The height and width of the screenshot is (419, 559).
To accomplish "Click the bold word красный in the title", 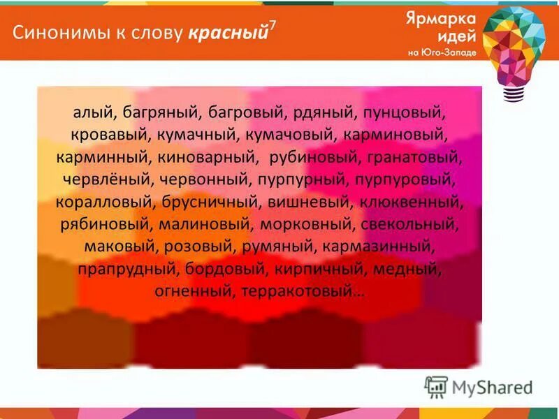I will [x=228, y=33].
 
